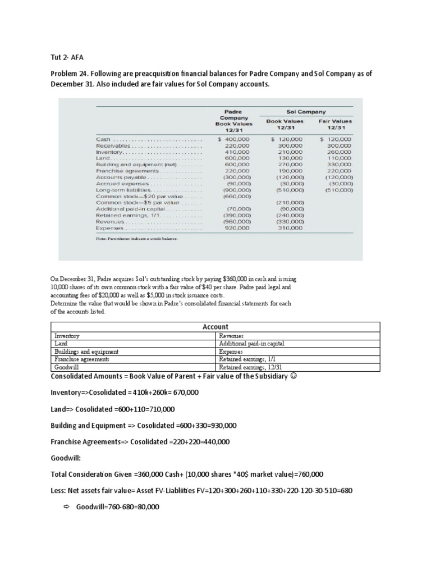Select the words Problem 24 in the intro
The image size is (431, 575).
pos(72,74)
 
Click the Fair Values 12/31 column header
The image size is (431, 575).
pos(336,124)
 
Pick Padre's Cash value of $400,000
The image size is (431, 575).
pos(235,139)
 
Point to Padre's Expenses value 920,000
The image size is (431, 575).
pos(237,228)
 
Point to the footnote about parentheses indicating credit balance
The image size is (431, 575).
pos(137,239)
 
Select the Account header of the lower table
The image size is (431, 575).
pos(215,326)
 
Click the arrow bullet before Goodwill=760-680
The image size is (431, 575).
pos(66,506)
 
